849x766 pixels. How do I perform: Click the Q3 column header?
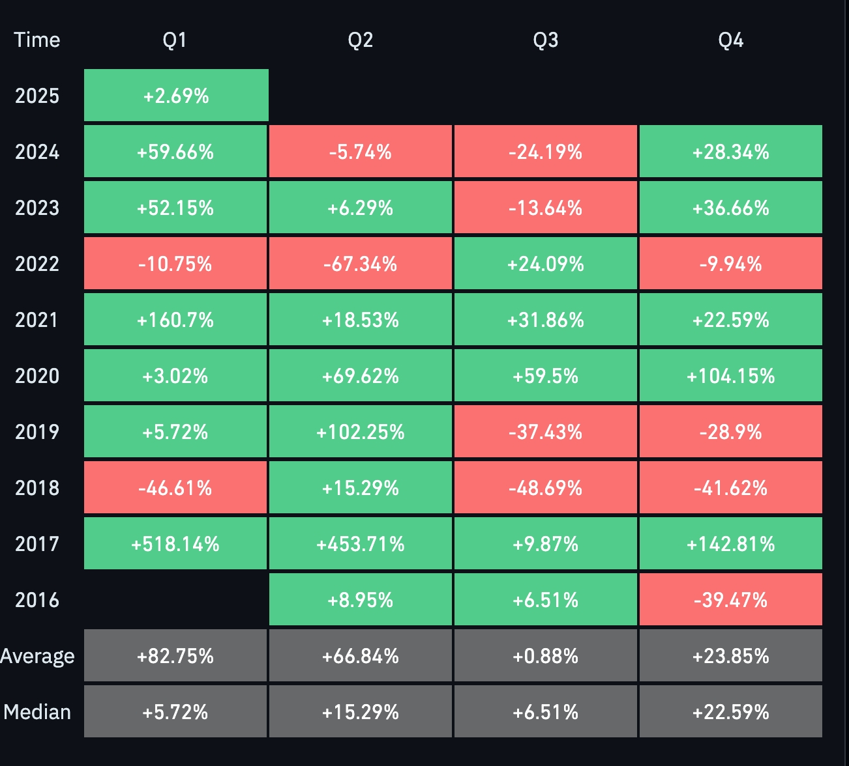[x=545, y=40]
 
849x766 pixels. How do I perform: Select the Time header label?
[x=37, y=40]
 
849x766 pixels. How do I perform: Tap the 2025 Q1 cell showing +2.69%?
[x=176, y=96]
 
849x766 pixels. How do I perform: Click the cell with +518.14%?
[x=175, y=544]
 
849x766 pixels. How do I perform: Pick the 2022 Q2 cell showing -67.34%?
[x=361, y=264]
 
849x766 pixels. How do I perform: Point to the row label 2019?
[x=37, y=432]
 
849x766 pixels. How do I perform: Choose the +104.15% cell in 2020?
[x=730, y=376]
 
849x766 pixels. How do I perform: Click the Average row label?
[x=37, y=656]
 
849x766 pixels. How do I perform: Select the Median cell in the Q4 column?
[x=730, y=712]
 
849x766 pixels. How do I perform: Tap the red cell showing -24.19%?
[x=545, y=152]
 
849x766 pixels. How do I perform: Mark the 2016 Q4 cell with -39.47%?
[x=730, y=600]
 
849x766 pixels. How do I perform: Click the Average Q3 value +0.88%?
[x=545, y=656]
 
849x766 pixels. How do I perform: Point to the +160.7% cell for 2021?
[x=175, y=320]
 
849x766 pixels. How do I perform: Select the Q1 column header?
[x=175, y=40]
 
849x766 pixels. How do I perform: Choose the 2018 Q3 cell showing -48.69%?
[x=545, y=488]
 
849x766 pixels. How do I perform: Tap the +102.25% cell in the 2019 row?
[x=361, y=432]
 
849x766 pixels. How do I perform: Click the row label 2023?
[x=37, y=208]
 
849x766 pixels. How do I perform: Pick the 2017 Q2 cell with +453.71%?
[x=361, y=544]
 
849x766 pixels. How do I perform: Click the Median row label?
[x=37, y=712]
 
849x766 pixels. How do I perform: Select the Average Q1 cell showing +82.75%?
[x=175, y=656]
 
